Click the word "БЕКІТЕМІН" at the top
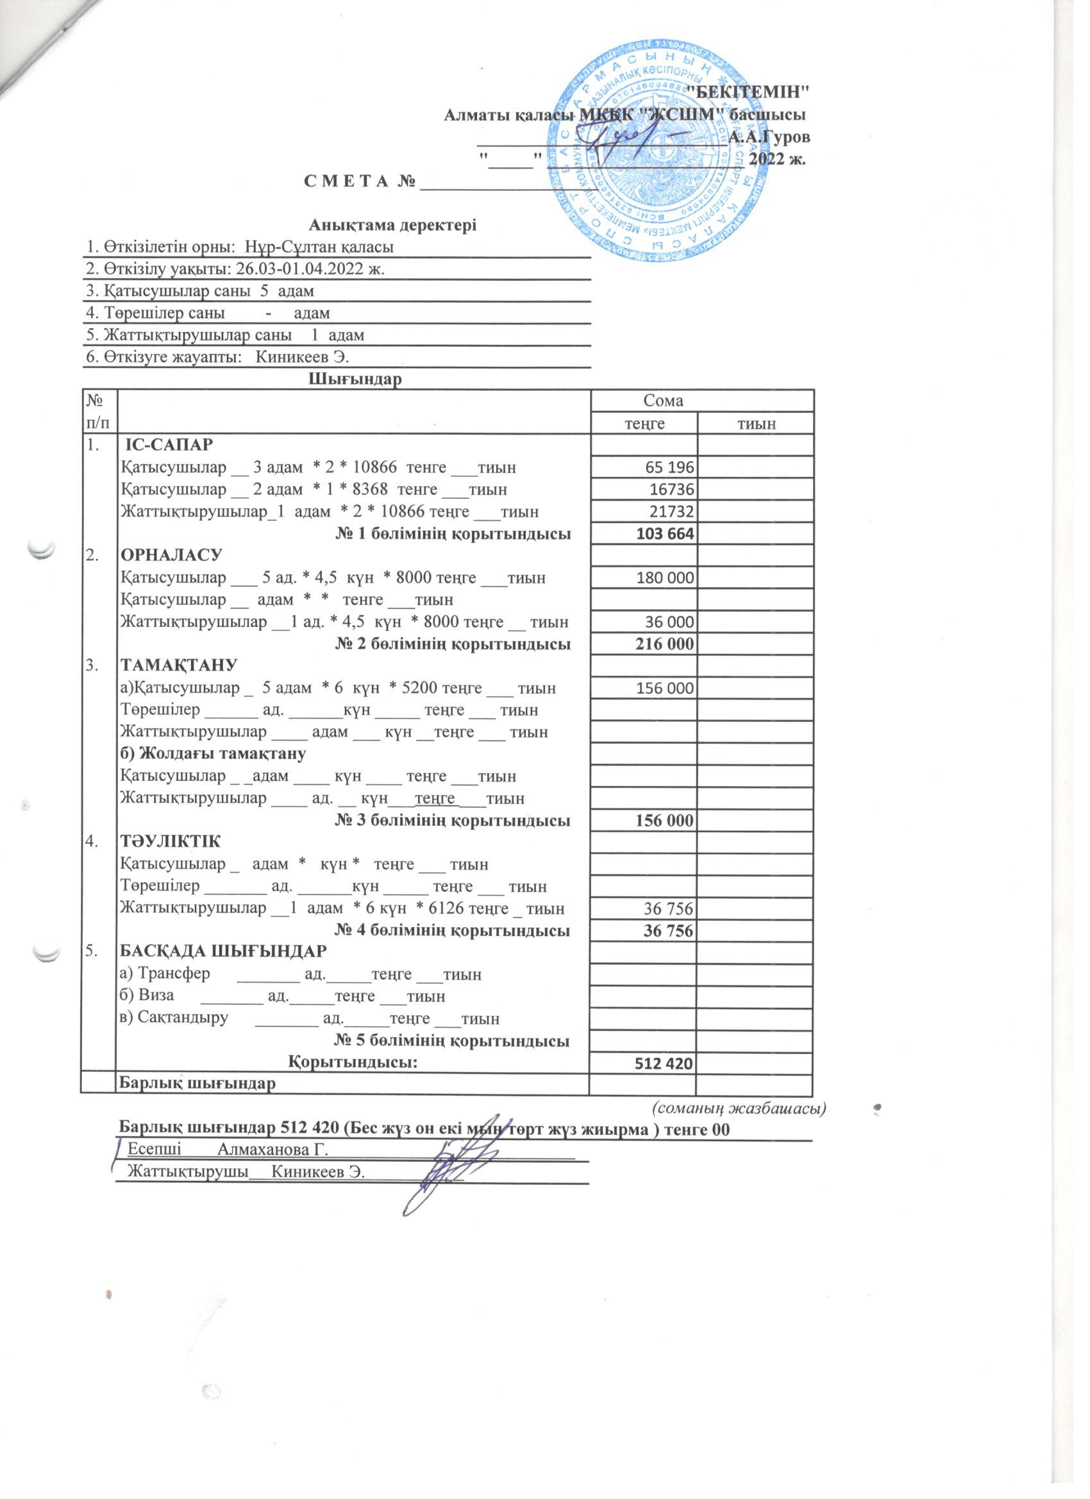[x=748, y=90]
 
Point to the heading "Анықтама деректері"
[x=392, y=226]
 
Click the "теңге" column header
[x=642, y=423]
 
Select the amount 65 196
[x=669, y=468]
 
